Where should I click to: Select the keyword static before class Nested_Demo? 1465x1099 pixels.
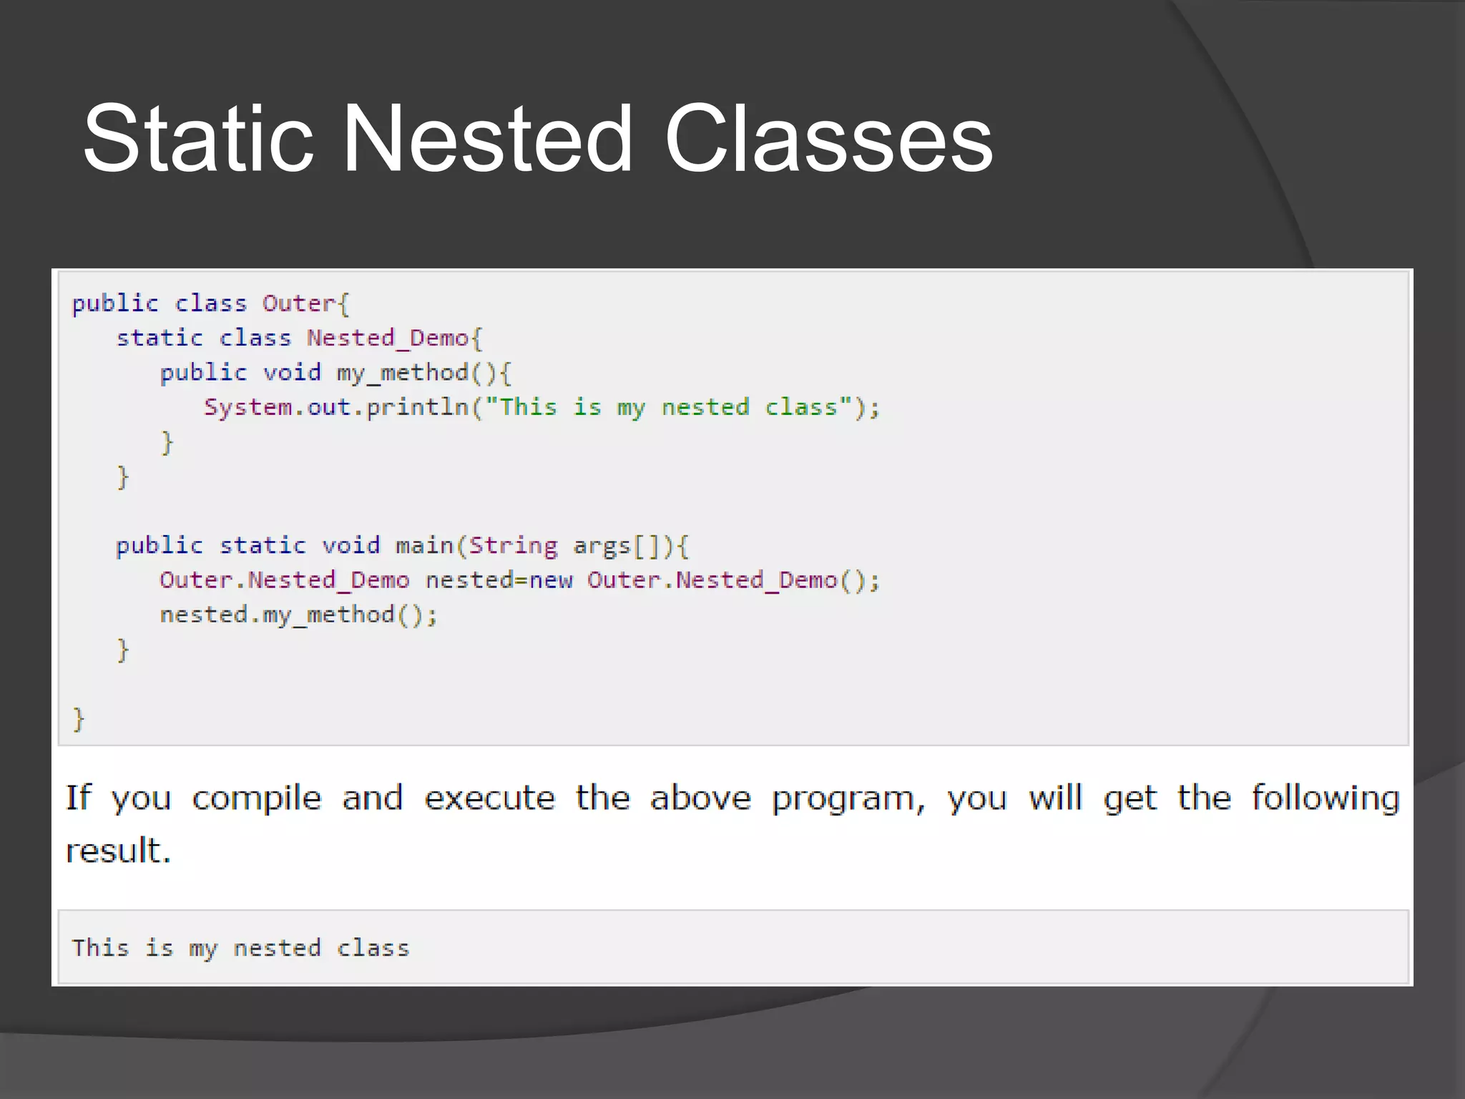pos(160,338)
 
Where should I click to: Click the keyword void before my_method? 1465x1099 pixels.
pos(292,372)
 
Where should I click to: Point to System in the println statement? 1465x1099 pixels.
pos(248,407)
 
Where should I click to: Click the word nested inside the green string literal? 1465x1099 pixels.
pos(705,407)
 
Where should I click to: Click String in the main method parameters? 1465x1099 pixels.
pos(512,546)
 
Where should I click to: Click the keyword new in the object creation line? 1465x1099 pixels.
pos(551,580)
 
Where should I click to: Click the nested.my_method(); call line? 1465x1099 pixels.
pos(298,615)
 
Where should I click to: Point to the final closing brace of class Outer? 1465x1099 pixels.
pos(79,718)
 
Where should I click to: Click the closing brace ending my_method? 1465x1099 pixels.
pos(167,442)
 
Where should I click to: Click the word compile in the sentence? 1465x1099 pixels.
pos(257,798)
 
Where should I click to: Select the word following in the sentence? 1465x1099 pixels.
pos(1326,798)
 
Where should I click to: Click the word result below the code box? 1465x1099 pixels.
pos(118,851)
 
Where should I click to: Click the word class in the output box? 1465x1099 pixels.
pos(373,948)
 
